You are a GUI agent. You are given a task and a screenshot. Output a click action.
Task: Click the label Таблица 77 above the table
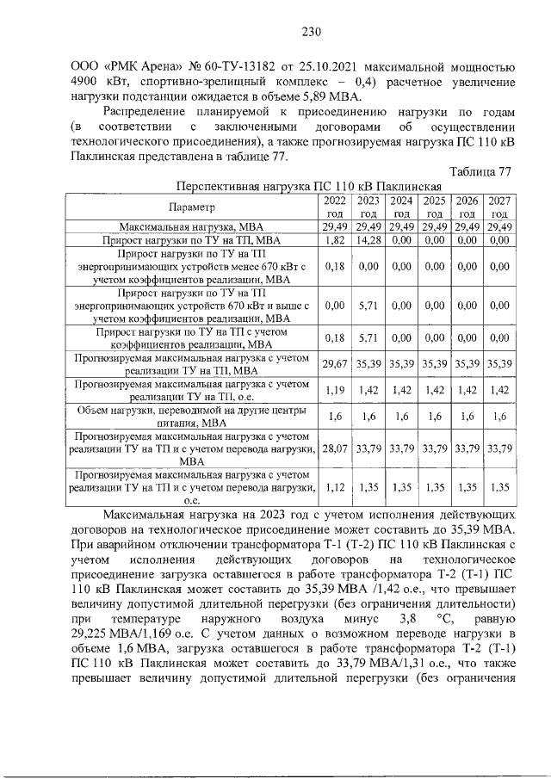(x=482, y=172)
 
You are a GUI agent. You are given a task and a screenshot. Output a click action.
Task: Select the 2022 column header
(x=334, y=207)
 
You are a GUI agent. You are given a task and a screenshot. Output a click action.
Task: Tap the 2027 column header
(x=498, y=207)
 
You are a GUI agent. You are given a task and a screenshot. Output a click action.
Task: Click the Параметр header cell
(x=193, y=207)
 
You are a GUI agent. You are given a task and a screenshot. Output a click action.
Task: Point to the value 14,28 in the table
(x=368, y=240)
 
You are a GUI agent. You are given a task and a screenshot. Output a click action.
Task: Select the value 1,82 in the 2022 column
(x=334, y=240)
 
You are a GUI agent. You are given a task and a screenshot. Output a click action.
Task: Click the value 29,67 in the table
(x=334, y=364)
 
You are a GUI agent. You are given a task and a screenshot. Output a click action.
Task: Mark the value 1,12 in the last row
(x=334, y=487)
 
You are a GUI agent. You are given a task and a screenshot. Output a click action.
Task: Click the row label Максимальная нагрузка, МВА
(x=193, y=226)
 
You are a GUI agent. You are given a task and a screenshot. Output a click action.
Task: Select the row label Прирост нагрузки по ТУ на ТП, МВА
(x=193, y=240)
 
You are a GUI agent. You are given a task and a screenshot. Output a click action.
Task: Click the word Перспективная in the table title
(x=215, y=187)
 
